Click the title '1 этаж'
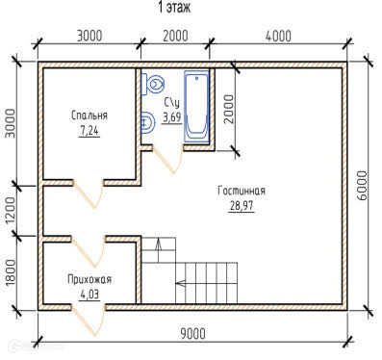point(174,7)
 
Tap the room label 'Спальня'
point(89,115)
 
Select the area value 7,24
point(89,131)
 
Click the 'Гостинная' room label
point(242,191)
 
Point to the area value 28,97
point(242,206)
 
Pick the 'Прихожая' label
point(89,279)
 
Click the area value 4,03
point(89,295)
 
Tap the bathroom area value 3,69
point(172,117)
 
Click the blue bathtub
point(196,106)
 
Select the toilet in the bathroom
point(153,84)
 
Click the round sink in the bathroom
point(147,122)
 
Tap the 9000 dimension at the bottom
point(192,334)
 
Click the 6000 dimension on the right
point(362,186)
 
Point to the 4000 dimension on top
point(278,37)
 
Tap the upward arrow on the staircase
point(159,250)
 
